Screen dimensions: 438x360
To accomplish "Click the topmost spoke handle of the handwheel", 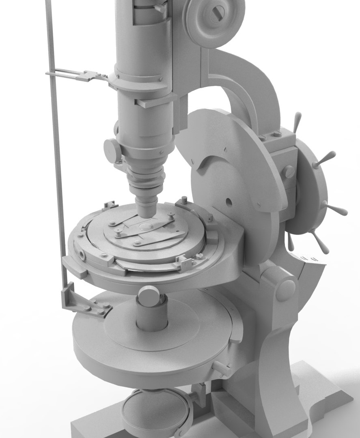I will click(297, 121).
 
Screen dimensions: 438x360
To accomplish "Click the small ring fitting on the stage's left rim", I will click(83, 255).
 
